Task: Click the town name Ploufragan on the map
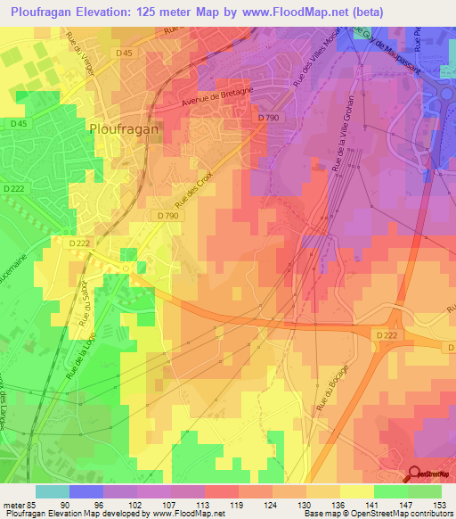(124, 128)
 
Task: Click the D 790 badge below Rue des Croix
(167, 216)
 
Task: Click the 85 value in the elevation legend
(34, 504)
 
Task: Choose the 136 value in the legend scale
(325, 504)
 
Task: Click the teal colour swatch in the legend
(52, 491)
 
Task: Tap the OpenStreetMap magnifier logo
(416, 474)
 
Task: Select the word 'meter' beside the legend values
(13, 504)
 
